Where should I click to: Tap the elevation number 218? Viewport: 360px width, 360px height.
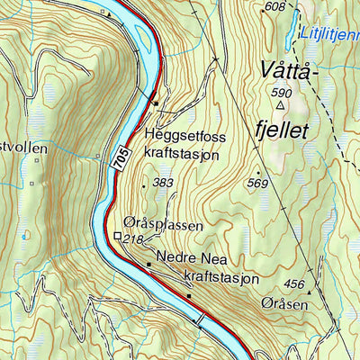134,238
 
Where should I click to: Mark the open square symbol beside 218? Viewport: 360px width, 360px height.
118,237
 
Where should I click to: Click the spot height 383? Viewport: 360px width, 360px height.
163,184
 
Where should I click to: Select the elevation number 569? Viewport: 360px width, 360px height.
258,184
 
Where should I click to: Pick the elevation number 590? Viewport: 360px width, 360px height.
282,92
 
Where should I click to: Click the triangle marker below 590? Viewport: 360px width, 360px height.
280,104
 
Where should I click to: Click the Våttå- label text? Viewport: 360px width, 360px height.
288,69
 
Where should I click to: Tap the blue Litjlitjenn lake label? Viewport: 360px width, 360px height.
331,32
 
